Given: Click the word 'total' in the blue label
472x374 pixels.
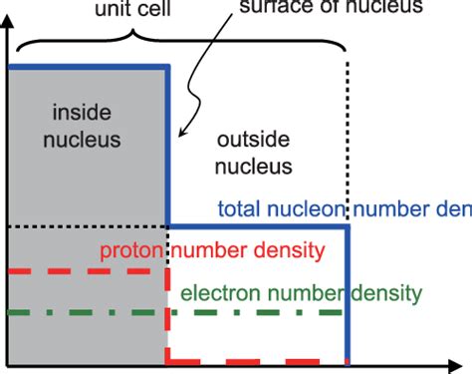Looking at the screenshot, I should (239, 209).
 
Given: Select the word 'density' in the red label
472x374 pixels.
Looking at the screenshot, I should (296, 250).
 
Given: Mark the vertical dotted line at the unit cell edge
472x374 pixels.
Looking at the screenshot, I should (349, 140).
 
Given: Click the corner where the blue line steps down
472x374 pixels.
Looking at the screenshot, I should (167, 227).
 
